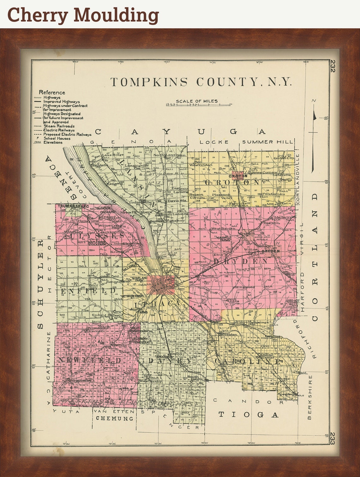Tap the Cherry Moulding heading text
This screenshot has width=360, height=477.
click(x=83, y=15)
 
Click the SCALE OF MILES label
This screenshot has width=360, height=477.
click(x=196, y=101)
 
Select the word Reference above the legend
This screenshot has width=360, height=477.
click(x=52, y=92)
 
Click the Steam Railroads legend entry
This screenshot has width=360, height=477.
click(x=59, y=126)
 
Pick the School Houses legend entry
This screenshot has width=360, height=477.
click(x=57, y=138)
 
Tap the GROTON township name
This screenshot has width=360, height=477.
click(x=232, y=182)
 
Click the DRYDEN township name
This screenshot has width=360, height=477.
click(x=241, y=261)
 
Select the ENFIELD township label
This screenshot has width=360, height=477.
click(x=88, y=290)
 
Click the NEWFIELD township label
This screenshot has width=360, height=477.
click(x=90, y=360)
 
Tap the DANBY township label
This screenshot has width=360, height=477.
click(x=170, y=361)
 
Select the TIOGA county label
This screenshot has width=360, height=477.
click(x=249, y=414)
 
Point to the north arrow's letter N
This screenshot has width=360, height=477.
click(x=314, y=101)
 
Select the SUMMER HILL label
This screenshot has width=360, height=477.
click(x=267, y=142)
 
